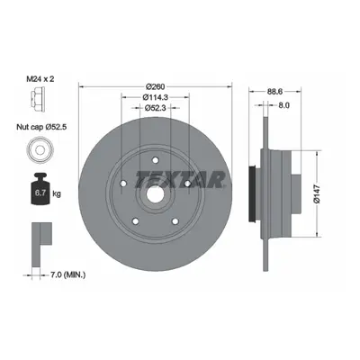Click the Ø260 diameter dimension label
pyautogui.click(x=156, y=86)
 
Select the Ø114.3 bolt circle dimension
pyautogui.click(x=155, y=97)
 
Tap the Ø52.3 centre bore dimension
pyautogui.click(x=155, y=108)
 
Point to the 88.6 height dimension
pyautogui.click(x=274, y=92)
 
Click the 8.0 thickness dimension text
pyautogui.click(x=283, y=105)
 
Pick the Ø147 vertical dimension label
pyautogui.click(x=317, y=194)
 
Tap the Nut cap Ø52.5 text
pyautogui.click(x=41, y=127)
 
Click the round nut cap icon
pyautogui.click(x=40, y=149)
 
